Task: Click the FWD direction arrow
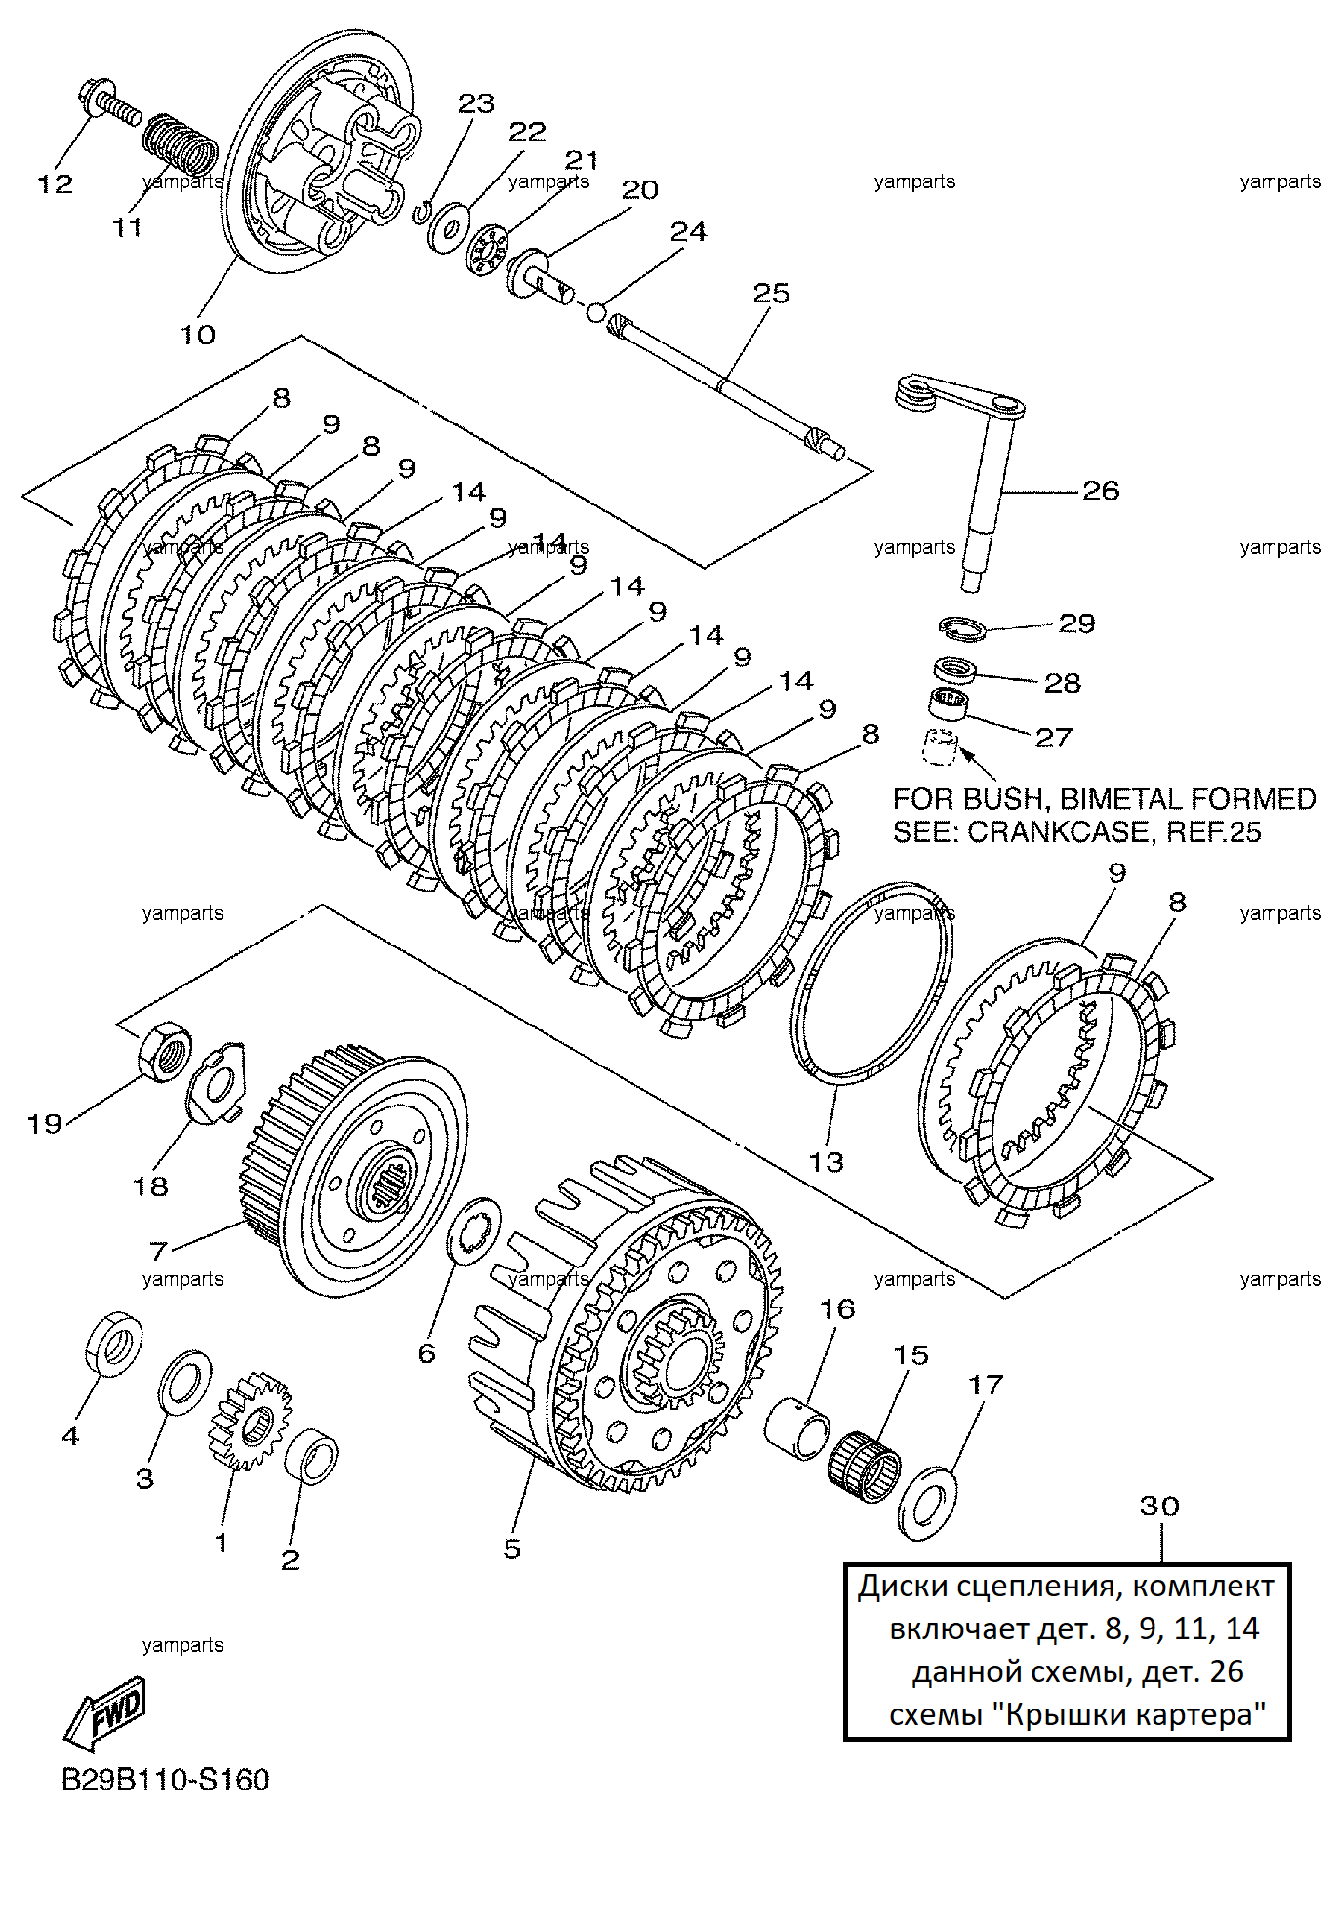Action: pyautogui.click(x=106, y=1714)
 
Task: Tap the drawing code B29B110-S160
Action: pyautogui.click(x=166, y=1781)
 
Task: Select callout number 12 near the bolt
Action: pyautogui.click(x=56, y=183)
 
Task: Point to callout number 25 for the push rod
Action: pyautogui.click(x=771, y=293)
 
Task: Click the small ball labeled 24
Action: pyautogui.click(x=594, y=312)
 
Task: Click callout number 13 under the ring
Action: pyautogui.click(x=826, y=1162)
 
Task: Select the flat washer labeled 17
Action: pyautogui.click(x=927, y=1503)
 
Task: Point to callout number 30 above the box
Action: pyautogui.click(x=1159, y=1506)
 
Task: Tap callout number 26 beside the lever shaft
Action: pyautogui.click(x=1101, y=490)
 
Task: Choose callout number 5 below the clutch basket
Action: pyautogui.click(x=512, y=1548)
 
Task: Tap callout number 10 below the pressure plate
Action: pyautogui.click(x=197, y=334)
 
